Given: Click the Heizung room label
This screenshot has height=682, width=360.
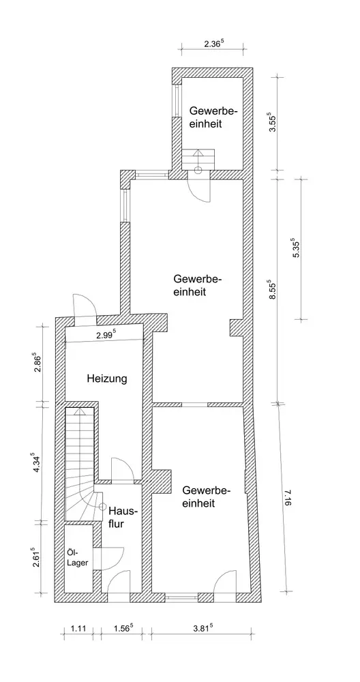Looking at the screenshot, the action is click(107, 379).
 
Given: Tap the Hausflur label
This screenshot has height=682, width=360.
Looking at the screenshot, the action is click(123, 517).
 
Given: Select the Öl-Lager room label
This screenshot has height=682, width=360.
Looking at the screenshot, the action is click(78, 558).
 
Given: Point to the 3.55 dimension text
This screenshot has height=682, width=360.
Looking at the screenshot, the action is click(273, 123).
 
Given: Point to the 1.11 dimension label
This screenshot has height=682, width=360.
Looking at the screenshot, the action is click(78, 628).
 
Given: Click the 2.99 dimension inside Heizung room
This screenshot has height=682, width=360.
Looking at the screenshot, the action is click(106, 335).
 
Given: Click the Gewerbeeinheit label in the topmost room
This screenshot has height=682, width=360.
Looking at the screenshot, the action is click(213, 117).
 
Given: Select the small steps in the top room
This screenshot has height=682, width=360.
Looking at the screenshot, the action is click(198, 159).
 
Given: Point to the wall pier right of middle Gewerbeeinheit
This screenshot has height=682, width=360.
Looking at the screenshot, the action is click(236, 327).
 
